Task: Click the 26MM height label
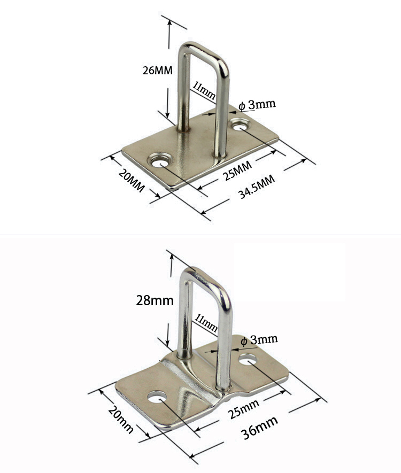[x=157, y=71]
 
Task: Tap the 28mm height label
[x=154, y=300]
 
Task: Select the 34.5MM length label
[x=257, y=187]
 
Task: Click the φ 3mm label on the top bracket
[x=257, y=104]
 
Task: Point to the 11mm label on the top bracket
[x=204, y=90]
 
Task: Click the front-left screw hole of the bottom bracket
[x=156, y=398]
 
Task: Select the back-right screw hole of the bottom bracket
[x=248, y=360]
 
